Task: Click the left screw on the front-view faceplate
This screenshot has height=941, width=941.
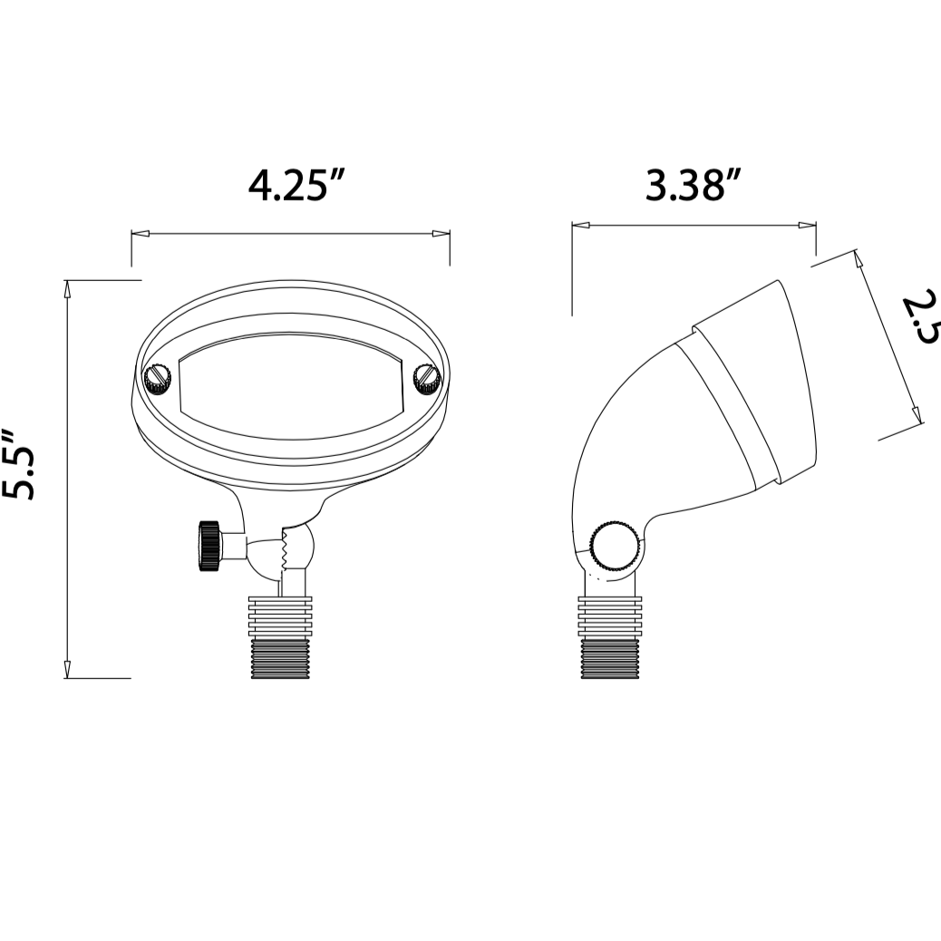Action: pos(158,378)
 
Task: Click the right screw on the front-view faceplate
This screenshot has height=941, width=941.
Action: pos(425,378)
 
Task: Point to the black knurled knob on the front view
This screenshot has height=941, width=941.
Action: pos(209,545)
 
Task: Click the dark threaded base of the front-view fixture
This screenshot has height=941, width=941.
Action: pos(281,658)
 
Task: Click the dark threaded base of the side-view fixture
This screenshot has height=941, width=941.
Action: pos(610,658)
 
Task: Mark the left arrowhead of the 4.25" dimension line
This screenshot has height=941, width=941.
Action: pos(139,234)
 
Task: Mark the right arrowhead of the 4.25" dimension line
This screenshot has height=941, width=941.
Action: pos(442,234)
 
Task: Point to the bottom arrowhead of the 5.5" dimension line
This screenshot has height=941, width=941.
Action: pos(67,670)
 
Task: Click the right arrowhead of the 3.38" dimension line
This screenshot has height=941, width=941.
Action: pos(807,225)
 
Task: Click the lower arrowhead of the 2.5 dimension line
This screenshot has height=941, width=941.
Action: pos(917,413)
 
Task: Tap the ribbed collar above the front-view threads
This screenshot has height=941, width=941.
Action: pos(281,616)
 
